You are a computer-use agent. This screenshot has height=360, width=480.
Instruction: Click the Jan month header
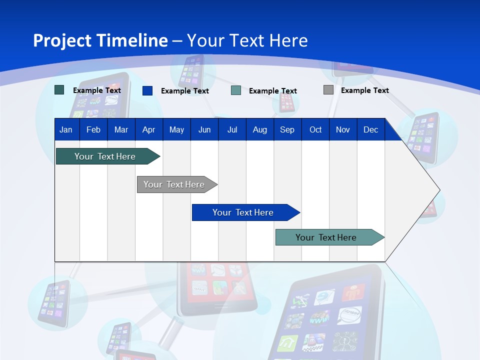(x=66, y=129)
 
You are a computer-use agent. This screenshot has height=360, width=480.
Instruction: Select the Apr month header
(x=148, y=129)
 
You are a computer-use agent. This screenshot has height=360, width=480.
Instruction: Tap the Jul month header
(x=232, y=129)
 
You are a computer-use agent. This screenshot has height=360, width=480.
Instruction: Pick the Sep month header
(x=287, y=129)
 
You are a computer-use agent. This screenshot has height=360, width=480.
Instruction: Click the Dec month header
(x=370, y=129)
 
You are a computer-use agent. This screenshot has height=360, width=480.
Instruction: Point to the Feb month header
(x=93, y=129)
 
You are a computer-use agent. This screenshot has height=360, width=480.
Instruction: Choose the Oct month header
(x=315, y=129)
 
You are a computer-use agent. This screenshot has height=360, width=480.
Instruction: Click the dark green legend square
(x=59, y=90)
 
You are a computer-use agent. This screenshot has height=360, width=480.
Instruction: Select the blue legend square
(x=147, y=90)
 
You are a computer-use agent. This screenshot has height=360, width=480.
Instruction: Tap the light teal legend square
(x=236, y=90)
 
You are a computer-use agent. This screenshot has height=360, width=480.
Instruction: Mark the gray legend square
(x=328, y=90)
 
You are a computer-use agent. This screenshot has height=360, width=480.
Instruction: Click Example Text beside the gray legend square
(x=364, y=90)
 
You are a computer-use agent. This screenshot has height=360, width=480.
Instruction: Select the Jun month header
(x=204, y=129)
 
